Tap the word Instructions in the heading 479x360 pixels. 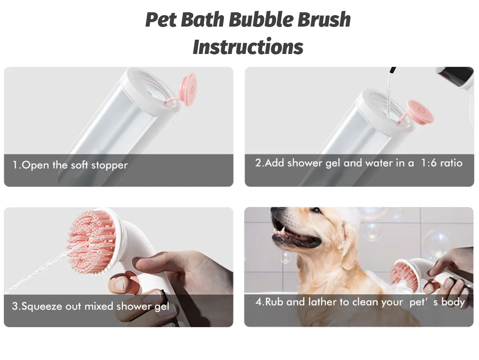tap(248, 47)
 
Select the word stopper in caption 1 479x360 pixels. tap(109, 166)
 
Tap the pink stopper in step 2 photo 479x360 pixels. tap(420, 111)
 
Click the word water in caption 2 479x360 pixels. tap(380, 163)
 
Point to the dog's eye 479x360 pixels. tap(316, 211)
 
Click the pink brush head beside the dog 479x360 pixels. tap(399, 275)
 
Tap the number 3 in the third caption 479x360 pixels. tap(15, 306)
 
